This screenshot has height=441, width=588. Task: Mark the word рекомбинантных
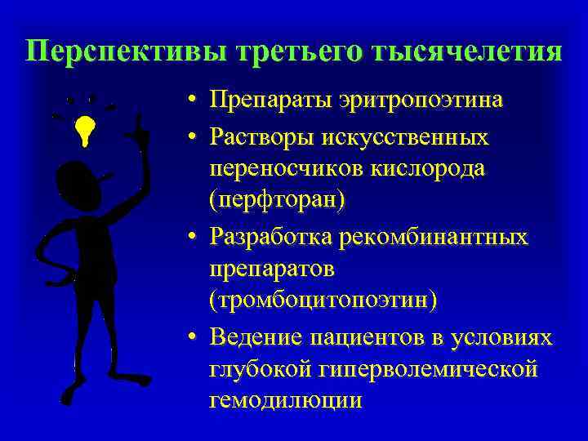coord(436,237)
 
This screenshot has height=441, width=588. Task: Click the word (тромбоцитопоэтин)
coord(323,299)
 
